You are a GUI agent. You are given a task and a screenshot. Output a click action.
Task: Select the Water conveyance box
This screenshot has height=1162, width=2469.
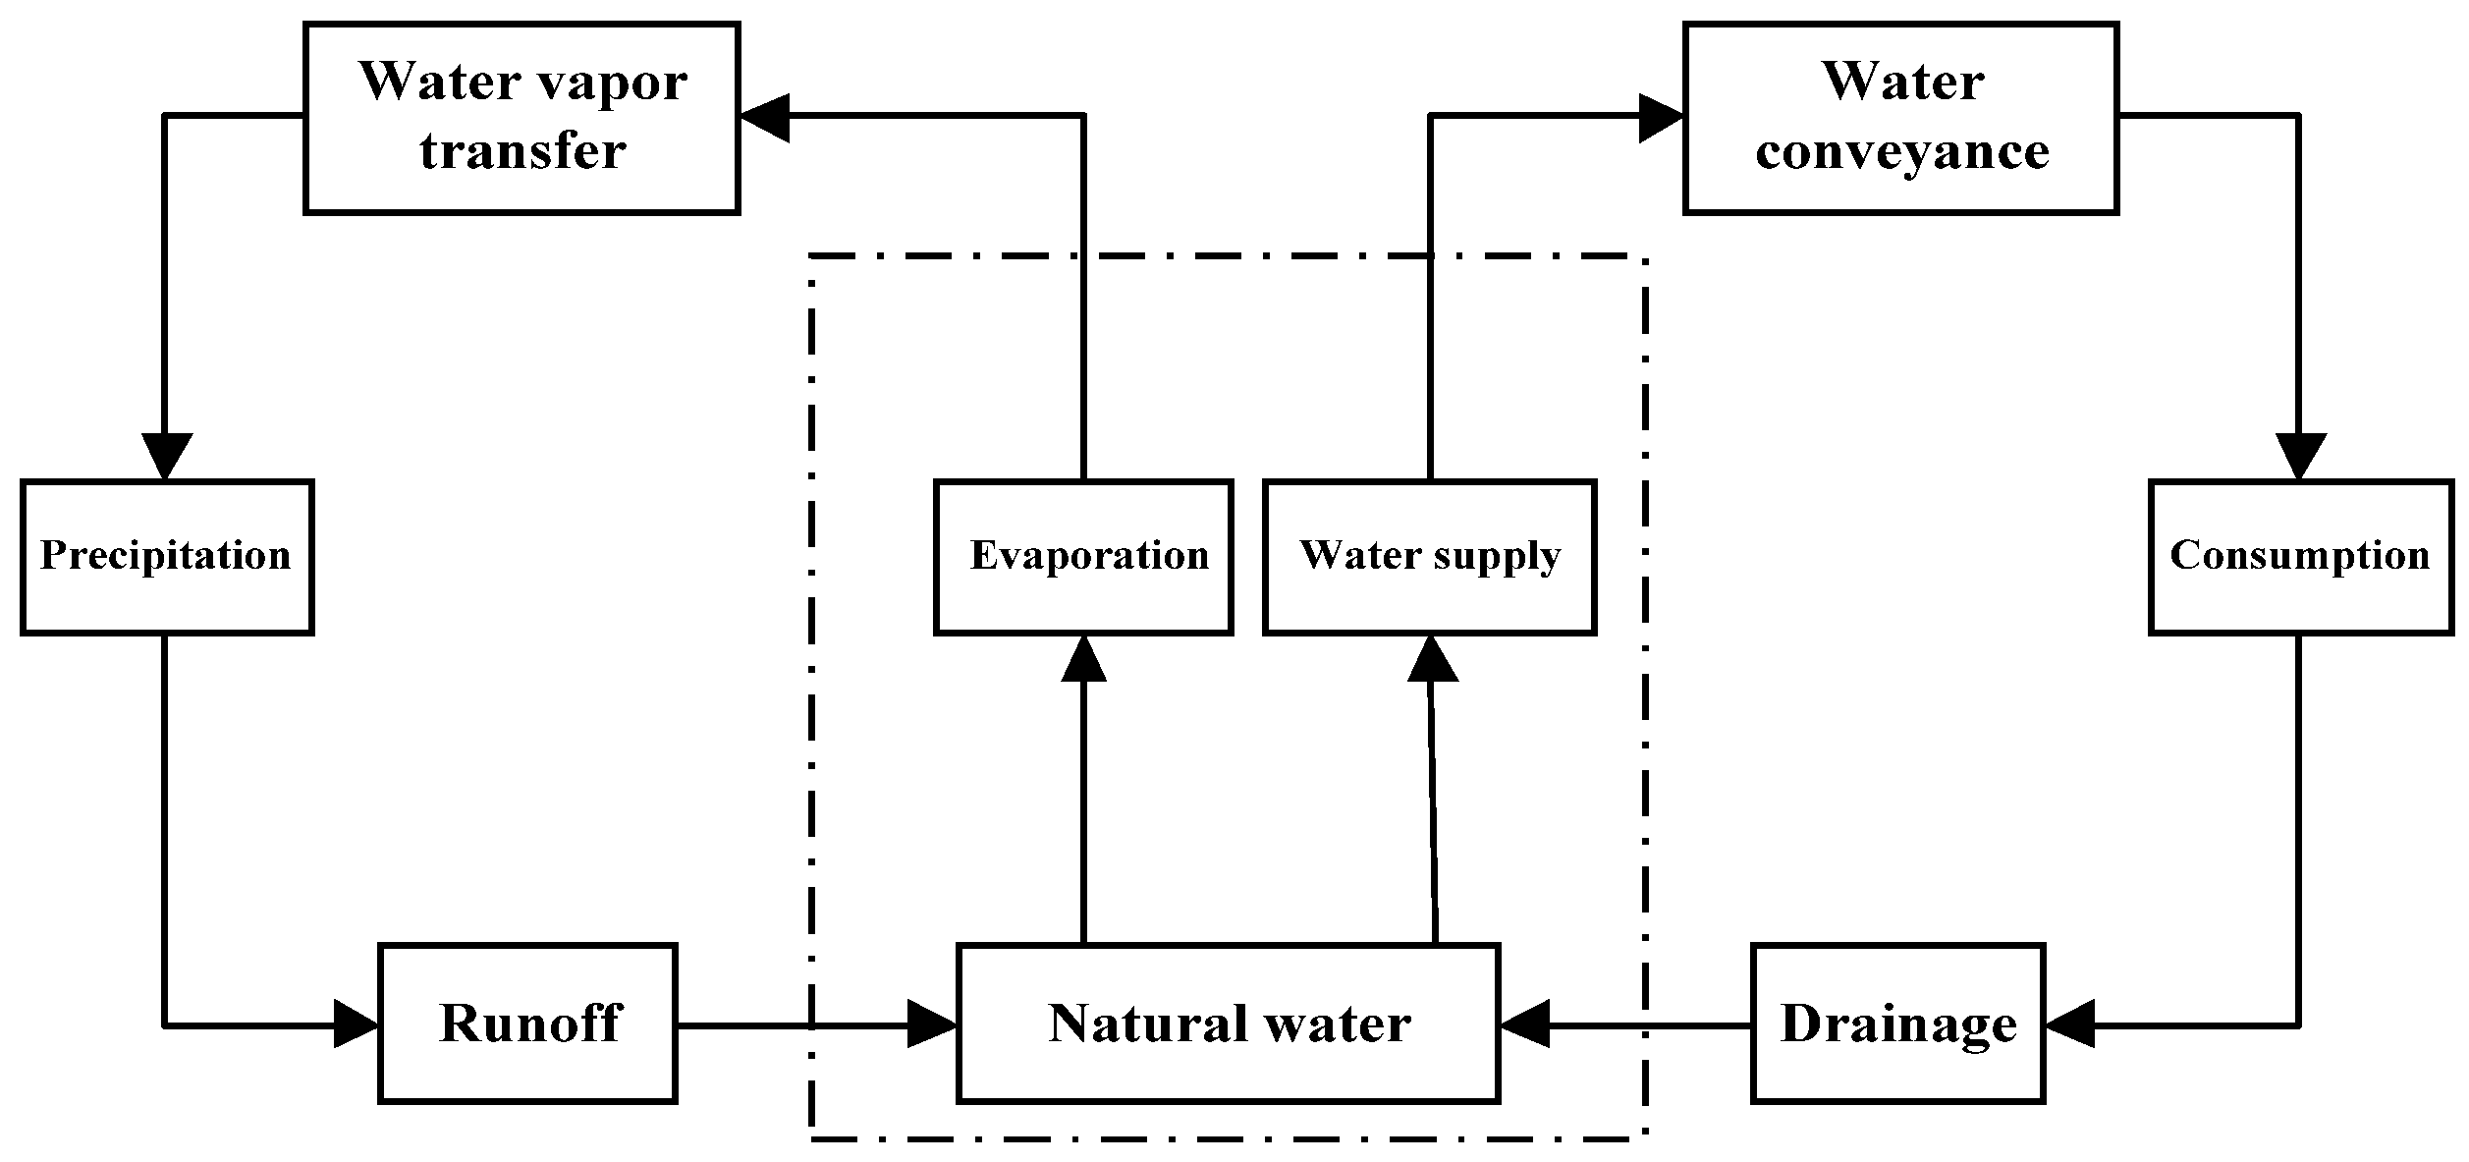click(x=1900, y=118)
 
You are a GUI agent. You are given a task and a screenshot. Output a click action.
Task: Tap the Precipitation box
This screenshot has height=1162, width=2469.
click(x=166, y=557)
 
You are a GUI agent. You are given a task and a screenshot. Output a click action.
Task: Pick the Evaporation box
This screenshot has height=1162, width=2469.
click(x=1083, y=557)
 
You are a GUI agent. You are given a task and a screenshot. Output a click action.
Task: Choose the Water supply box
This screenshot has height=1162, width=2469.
click(x=1429, y=557)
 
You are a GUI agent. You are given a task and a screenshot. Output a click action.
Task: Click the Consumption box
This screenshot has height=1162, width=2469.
click(x=2299, y=557)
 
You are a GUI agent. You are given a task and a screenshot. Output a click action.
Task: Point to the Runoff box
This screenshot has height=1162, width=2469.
click(x=528, y=1024)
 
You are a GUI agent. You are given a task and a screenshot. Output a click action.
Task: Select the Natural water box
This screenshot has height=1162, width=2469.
click(x=1228, y=1024)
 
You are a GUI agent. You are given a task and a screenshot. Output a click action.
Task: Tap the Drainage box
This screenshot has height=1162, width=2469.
click(x=1897, y=1024)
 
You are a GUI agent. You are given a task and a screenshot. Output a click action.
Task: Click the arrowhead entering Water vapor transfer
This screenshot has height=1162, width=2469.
click(x=764, y=117)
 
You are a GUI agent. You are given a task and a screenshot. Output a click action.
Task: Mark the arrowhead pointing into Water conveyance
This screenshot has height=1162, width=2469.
click(x=1662, y=117)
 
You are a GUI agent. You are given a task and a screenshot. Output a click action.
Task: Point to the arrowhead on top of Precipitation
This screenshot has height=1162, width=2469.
click(x=165, y=457)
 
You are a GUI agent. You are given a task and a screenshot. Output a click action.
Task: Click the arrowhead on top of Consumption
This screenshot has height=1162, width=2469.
click(x=2300, y=457)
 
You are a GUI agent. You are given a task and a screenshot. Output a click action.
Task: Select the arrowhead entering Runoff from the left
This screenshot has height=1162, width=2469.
click(x=356, y=1024)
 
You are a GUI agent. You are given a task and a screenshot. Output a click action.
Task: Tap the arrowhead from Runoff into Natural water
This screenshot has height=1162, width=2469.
click(x=932, y=1024)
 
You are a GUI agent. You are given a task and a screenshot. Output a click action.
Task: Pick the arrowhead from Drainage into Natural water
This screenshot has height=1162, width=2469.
click(x=1524, y=1024)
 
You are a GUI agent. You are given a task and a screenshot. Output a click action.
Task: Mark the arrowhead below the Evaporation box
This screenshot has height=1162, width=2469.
click(x=1083, y=658)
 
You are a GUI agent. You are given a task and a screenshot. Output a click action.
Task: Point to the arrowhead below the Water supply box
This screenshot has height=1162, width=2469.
click(x=1431, y=658)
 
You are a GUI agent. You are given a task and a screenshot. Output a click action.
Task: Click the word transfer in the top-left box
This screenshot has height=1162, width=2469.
click(x=522, y=152)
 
